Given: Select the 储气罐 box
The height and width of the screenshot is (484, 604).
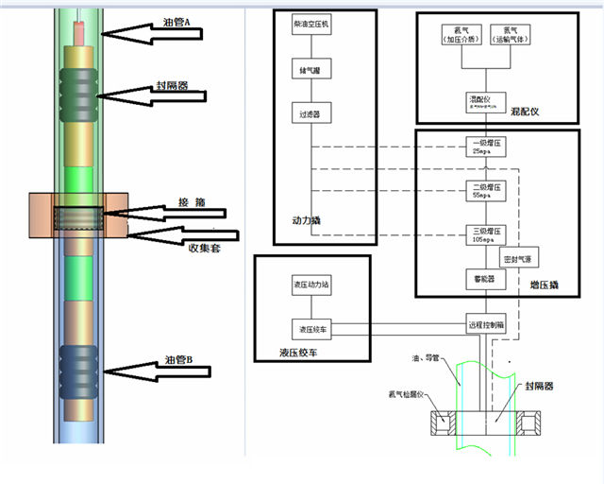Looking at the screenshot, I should point(310,70).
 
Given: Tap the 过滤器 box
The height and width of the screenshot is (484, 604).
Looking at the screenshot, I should point(310,114).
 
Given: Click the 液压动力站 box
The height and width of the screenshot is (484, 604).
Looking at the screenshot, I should point(310,285).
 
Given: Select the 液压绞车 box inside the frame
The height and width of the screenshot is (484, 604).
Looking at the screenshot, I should point(310,329).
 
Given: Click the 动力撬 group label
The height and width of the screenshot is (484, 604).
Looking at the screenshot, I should point(308,221).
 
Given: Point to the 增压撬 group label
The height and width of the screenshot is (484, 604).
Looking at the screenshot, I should point(545,283).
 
